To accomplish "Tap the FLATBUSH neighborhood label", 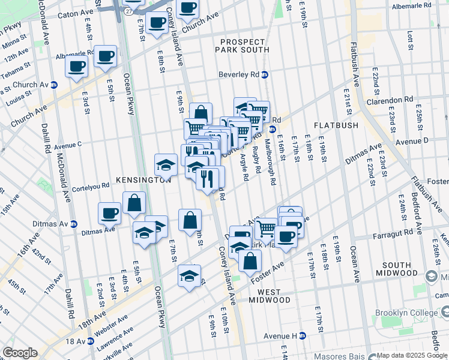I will tap(336, 125).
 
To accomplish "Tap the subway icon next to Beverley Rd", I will tap(265, 75).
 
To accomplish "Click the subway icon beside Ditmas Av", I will tap(74, 224).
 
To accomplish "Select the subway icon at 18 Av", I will tap(91, 341).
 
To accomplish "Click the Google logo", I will tap(20, 353).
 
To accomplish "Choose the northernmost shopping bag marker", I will tap(201, 113).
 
